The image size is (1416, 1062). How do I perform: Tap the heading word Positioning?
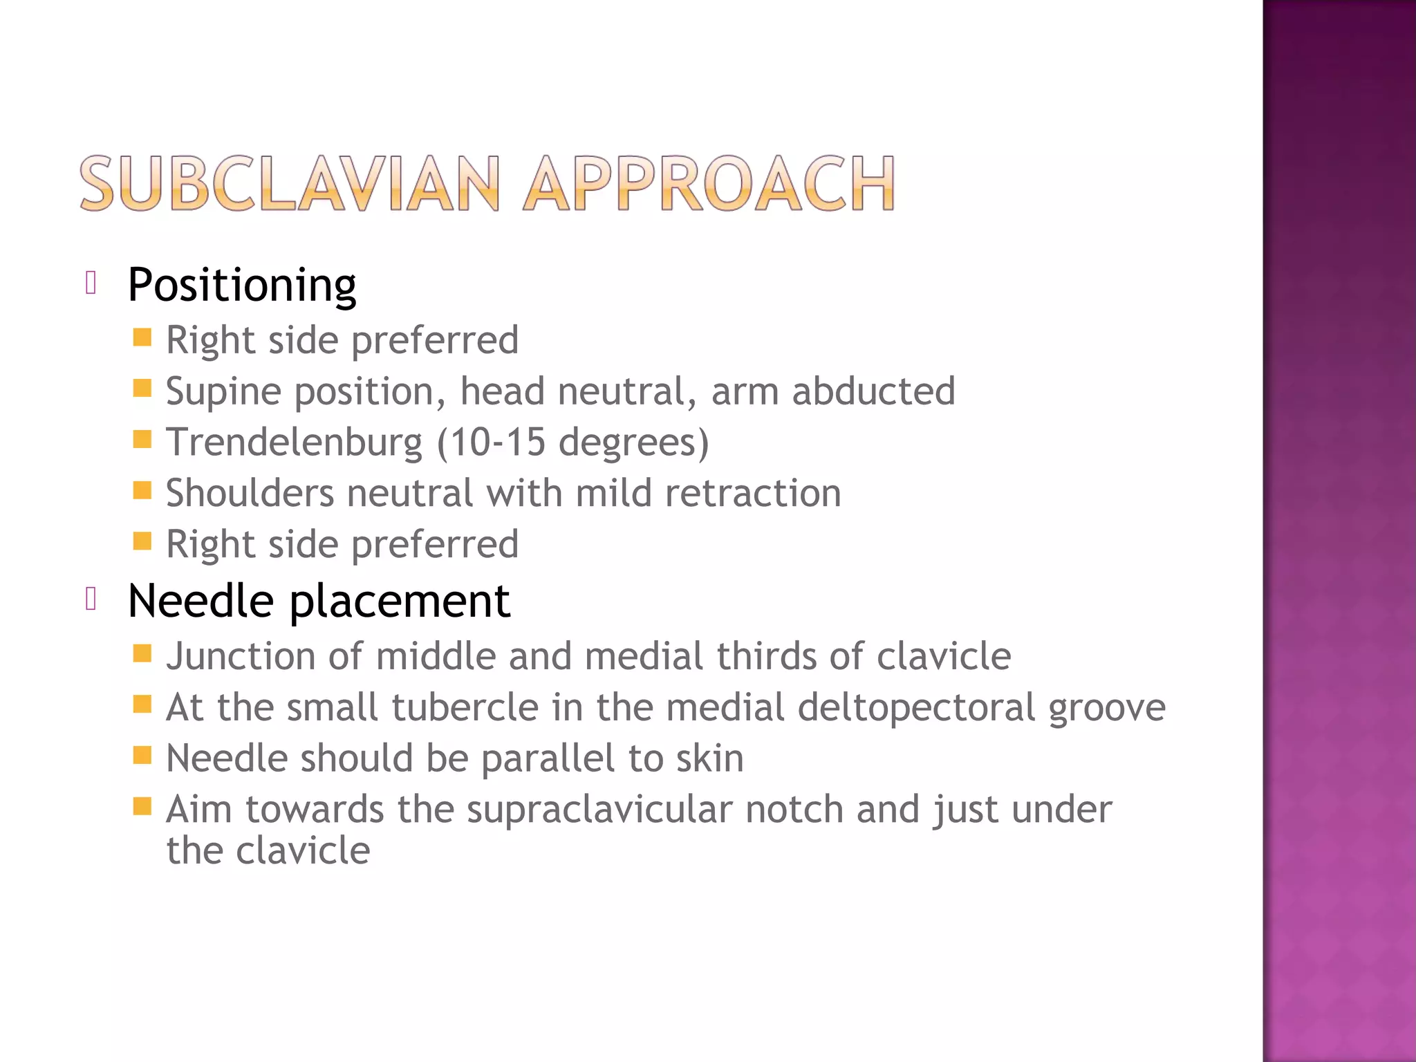pyautogui.click(x=242, y=285)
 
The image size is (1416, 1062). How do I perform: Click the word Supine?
pyautogui.click(x=224, y=392)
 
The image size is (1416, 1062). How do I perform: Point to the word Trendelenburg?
pyautogui.click(x=294, y=442)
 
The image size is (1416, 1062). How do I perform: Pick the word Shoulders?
pyautogui.click(x=250, y=494)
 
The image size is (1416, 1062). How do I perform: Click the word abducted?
pyautogui.click(x=873, y=391)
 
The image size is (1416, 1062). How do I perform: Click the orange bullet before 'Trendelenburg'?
pyautogui.click(x=142, y=440)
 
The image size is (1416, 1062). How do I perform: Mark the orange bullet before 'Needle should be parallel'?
pyautogui.click(x=142, y=755)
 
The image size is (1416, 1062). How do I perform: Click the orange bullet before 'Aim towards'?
pyautogui.click(x=142, y=806)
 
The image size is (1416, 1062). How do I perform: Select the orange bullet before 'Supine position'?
pyautogui.click(x=142, y=389)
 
